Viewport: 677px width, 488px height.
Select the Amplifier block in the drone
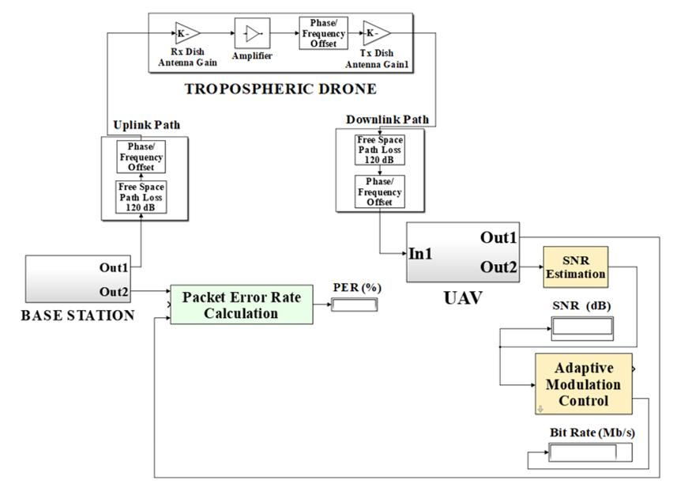coord(251,33)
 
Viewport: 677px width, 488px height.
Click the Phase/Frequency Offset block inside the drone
coord(322,33)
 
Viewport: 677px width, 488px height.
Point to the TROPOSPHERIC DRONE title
coord(280,89)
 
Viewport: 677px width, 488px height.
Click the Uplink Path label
coord(146,125)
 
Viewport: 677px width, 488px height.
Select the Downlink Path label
coord(387,119)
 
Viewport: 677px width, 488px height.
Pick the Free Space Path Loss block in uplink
coord(141,196)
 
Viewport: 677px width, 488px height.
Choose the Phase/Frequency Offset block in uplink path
coord(141,157)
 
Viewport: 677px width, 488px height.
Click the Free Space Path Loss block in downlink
coord(380,149)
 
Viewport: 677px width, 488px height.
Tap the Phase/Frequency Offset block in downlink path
coord(380,191)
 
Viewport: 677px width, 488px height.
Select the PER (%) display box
coord(355,305)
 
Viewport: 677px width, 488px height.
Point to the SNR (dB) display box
coord(582,326)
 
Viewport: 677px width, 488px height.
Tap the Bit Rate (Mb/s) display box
coord(591,453)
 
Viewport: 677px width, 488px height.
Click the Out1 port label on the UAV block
coord(498,236)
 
